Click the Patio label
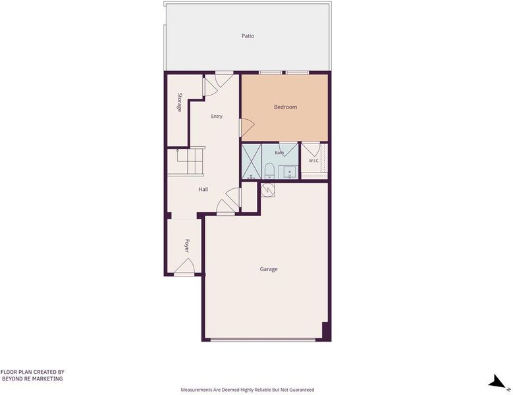coord(248,36)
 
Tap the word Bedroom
coord(285,107)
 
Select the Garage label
coord(269,269)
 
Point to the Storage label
coord(179,102)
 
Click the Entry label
coord(217,117)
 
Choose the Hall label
coord(203,190)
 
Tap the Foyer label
coord(186,246)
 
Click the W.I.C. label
coord(313,161)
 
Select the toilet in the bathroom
coord(269,171)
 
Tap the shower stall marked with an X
coord(252,161)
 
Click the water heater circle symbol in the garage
coord(267,190)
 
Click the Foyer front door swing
coord(185,265)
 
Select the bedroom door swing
coord(248,127)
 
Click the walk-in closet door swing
coord(311,149)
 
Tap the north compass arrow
coord(497,381)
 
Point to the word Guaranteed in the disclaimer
coord(302,390)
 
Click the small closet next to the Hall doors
coord(250,197)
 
